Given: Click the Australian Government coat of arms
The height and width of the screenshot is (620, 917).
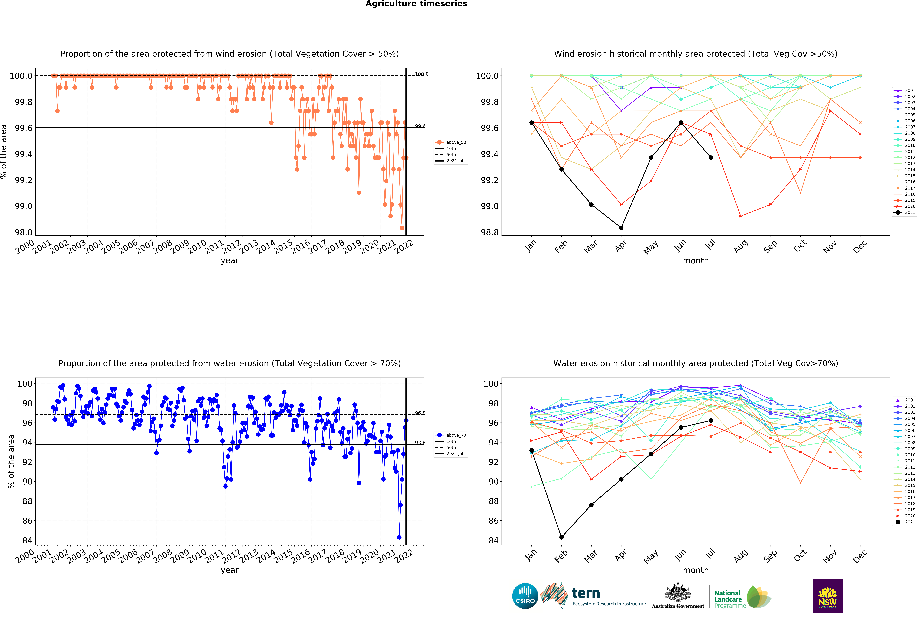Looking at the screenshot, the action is pyautogui.click(x=677, y=592).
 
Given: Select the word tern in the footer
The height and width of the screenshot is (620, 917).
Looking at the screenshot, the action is pyautogui.click(x=586, y=593).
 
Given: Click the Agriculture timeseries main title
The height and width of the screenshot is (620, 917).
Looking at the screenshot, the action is pyautogui.click(x=416, y=4).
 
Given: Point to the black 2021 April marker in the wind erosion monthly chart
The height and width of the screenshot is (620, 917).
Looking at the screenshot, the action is pyautogui.click(x=621, y=228).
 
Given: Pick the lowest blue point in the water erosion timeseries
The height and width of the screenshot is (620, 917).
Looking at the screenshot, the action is pyautogui.click(x=399, y=537).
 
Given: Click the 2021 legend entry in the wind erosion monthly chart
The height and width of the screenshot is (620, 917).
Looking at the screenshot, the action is pyautogui.click(x=904, y=212).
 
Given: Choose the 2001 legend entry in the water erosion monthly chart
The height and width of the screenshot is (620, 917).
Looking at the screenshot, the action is pyautogui.click(x=904, y=400).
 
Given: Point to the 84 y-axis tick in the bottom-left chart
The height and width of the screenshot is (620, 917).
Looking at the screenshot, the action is pyautogui.click(x=28, y=540).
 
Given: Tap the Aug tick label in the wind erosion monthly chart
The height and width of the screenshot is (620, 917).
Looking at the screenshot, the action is pyautogui.click(x=741, y=246).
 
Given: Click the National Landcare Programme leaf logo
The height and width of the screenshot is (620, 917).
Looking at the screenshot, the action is pyautogui.click(x=758, y=597).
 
